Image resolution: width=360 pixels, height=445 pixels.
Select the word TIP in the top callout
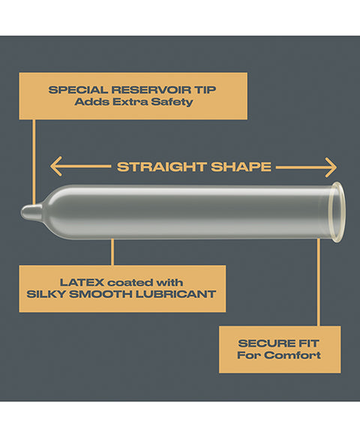point(205,90)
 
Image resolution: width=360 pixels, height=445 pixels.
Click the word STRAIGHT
point(162,167)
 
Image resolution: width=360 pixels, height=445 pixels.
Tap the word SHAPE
point(241,167)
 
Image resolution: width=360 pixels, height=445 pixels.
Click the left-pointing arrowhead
point(55,167)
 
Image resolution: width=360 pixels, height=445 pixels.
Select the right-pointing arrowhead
point(331,167)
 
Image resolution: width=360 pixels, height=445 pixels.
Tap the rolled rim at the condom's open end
point(339,212)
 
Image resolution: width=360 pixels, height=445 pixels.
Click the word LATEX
point(82,283)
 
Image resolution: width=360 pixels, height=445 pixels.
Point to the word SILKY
point(46,294)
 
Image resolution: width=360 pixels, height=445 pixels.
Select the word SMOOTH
point(100,294)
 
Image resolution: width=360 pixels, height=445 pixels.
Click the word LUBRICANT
point(175,294)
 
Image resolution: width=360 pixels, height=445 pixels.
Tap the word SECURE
point(262,344)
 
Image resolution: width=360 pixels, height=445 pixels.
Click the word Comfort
point(294,355)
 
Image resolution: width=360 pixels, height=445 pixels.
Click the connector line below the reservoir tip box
point(34,162)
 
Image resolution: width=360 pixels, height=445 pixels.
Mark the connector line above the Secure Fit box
point(318,282)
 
